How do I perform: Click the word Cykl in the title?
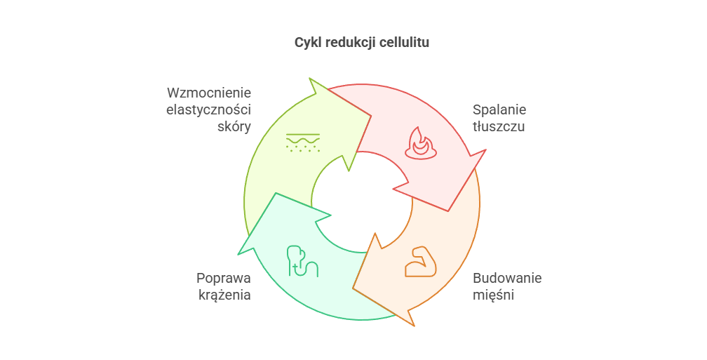pos(307,43)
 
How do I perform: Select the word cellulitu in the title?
pos(404,43)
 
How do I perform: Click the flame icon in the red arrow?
pos(421,145)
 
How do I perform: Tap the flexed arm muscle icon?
pos(421,261)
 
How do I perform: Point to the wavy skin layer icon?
pos(303,142)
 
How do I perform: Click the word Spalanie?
pos(499,110)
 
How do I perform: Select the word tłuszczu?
pos(499,127)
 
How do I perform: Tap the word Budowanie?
pos(507,278)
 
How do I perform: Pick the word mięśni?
pos(494,295)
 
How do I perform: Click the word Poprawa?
pos(224,278)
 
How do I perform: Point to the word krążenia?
pos(224,295)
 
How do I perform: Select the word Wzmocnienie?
pos(209,93)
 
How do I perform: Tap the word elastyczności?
pos(209,110)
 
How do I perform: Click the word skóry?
pos(234,127)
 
